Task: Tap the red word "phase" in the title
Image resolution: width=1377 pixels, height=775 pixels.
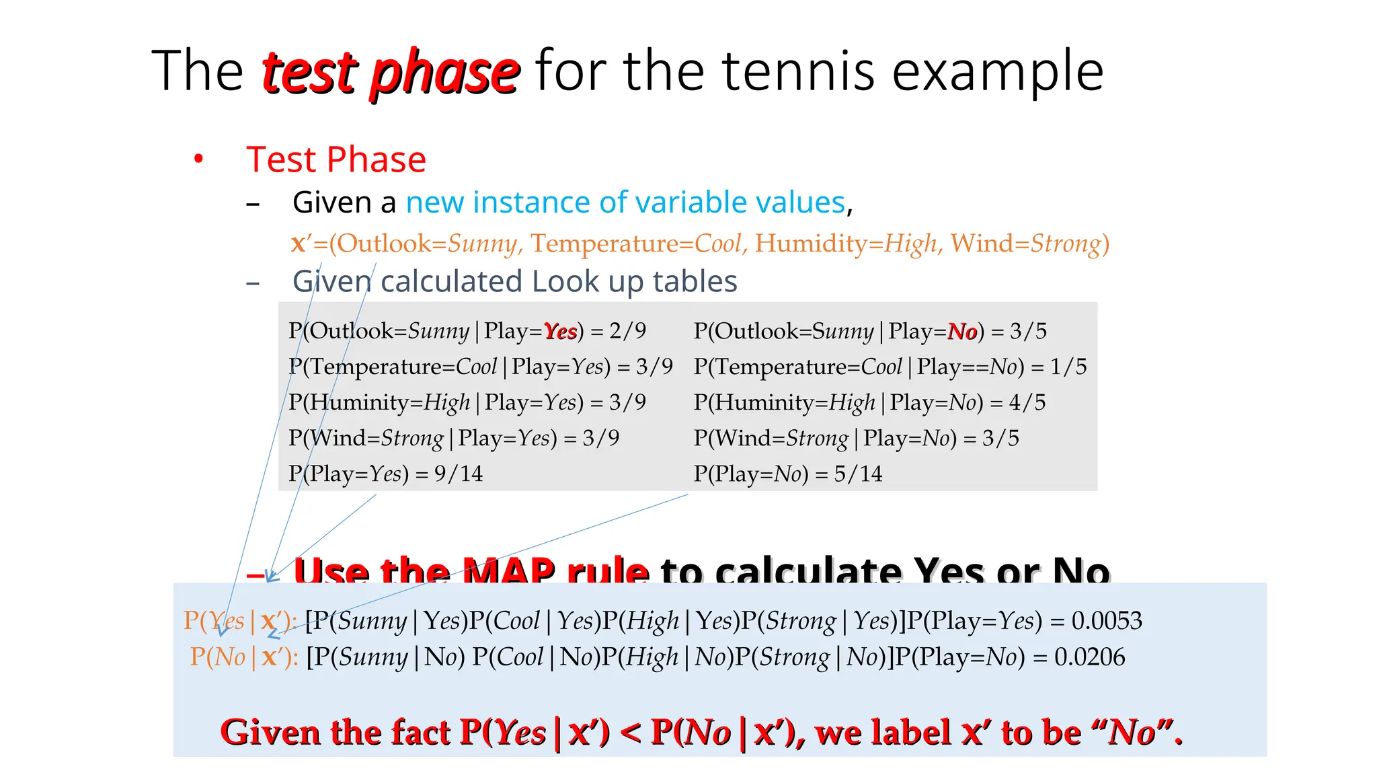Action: pos(444,73)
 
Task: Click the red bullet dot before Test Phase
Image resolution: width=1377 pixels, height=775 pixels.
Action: pos(198,159)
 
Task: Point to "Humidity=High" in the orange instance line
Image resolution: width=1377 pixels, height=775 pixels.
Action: pos(846,243)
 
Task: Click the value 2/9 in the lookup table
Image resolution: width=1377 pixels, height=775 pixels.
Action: pos(627,331)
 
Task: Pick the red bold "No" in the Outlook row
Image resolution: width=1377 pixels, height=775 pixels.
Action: pos(962,331)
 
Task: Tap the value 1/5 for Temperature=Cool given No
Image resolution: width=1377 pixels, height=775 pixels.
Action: pos(1068,367)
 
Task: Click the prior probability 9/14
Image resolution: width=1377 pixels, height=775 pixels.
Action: pos(459,474)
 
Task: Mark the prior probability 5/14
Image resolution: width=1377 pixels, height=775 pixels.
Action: pos(858,474)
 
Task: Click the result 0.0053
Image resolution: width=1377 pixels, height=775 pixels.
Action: pos(1107,620)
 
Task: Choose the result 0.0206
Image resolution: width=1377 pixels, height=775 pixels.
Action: pos(1089,657)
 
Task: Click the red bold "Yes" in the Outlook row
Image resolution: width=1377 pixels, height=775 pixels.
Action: pos(560,331)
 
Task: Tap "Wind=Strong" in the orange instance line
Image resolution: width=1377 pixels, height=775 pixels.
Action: pos(1029,243)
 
